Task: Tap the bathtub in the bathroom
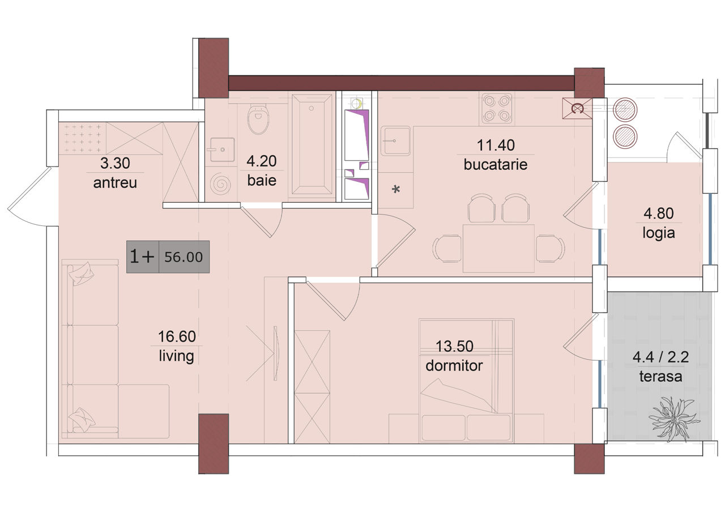pyautogui.click(x=312, y=144)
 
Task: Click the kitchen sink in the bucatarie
pyautogui.click(x=395, y=141)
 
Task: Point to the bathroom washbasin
pyautogui.click(x=222, y=150)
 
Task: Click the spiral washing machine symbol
pyautogui.click(x=220, y=185)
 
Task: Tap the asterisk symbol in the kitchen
pyautogui.click(x=395, y=189)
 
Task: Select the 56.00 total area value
pyautogui.click(x=184, y=257)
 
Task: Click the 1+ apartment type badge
pyautogui.click(x=142, y=257)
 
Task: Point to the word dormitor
pyautogui.click(x=454, y=366)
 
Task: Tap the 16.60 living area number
pyautogui.click(x=177, y=336)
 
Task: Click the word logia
pyautogui.click(x=659, y=233)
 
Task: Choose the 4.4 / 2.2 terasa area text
pyautogui.click(x=660, y=357)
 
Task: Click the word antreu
pyautogui.click(x=115, y=183)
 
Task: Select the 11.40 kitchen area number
pyautogui.click(x=496, y=146)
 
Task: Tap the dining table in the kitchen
pyautogui.click(x=498, y=248)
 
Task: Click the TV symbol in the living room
pyautogui.click(x=275, y=353)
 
